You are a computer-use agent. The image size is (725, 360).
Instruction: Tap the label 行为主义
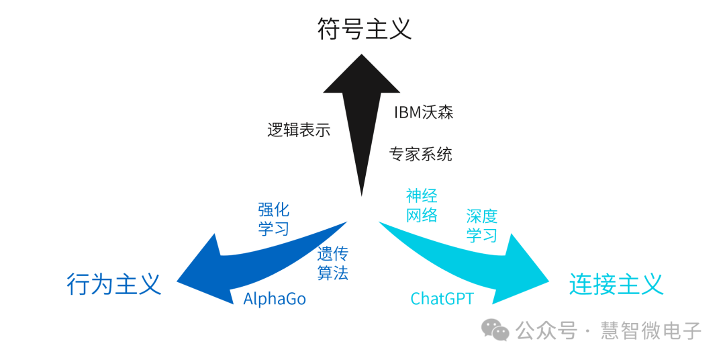pos(114,284)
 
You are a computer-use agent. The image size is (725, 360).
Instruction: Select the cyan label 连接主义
pos(616,284)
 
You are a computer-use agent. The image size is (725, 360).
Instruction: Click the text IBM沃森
pos(424,112)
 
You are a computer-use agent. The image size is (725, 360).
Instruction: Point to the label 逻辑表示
pos(299,130)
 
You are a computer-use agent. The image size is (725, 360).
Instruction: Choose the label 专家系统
pos(421,154)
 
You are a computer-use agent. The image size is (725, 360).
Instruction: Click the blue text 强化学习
pos(273,219)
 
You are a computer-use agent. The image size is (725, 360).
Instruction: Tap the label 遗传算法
pos(332,263)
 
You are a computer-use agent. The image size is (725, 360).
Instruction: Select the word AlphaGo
pos(274,299)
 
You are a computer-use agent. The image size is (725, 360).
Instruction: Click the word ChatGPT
pos(442,299)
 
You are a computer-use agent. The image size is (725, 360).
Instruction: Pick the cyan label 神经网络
pos(422,206)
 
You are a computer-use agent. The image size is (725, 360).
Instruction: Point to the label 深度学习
pos(481,226)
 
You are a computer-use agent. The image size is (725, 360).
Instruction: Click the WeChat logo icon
pos(497,330)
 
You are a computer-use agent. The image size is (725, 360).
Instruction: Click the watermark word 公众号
pos(546,330)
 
